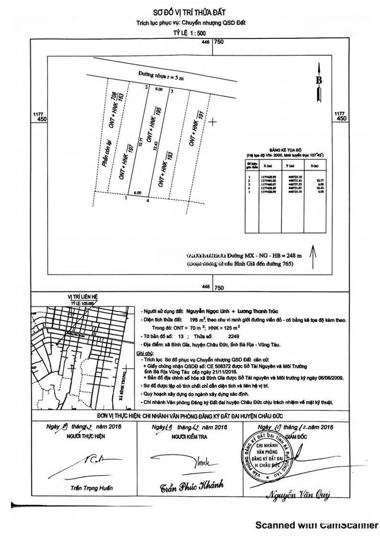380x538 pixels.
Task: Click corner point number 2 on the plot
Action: [146, 87]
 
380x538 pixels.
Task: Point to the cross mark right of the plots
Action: [213, 122]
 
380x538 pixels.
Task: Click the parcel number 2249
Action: [227, 337]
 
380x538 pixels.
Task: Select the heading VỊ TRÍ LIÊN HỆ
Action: [83, 296]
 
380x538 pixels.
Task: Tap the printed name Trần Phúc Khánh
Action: [192, 486]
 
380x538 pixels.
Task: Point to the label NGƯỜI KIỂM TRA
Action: [190, 436]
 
